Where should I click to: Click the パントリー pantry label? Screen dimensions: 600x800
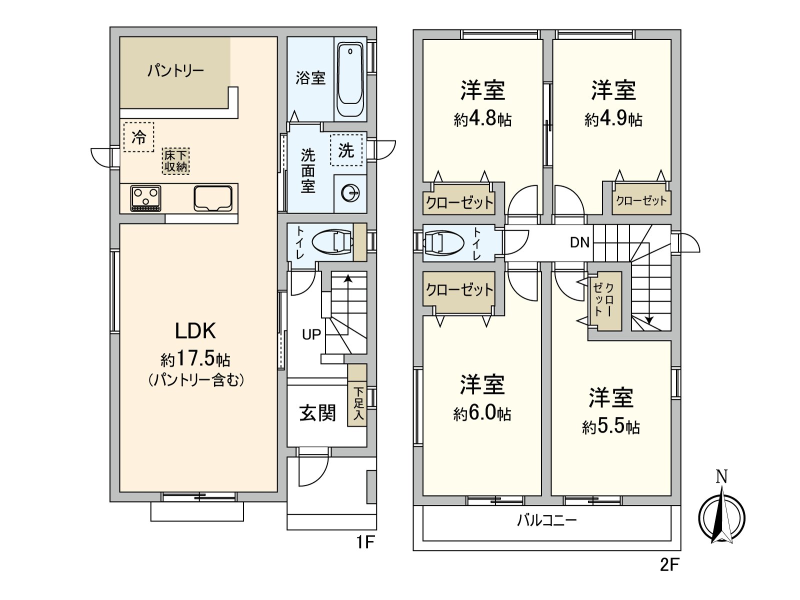175,70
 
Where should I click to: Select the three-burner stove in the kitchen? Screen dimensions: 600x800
145,198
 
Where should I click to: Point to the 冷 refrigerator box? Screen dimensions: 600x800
138,136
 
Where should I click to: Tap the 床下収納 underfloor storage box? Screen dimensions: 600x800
176,160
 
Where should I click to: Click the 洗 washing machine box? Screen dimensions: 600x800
346,150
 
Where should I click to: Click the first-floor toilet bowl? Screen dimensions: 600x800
332,242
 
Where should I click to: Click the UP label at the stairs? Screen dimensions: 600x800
311,334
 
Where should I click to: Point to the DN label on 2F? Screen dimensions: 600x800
580,242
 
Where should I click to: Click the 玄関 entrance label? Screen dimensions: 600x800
317,413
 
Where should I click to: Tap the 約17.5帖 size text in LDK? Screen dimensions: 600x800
195,358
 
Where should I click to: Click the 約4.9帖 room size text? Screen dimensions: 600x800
613,119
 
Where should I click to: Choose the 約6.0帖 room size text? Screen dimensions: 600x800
482,413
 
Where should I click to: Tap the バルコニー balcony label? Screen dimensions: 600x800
546,520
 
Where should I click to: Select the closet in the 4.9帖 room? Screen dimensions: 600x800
641,201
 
